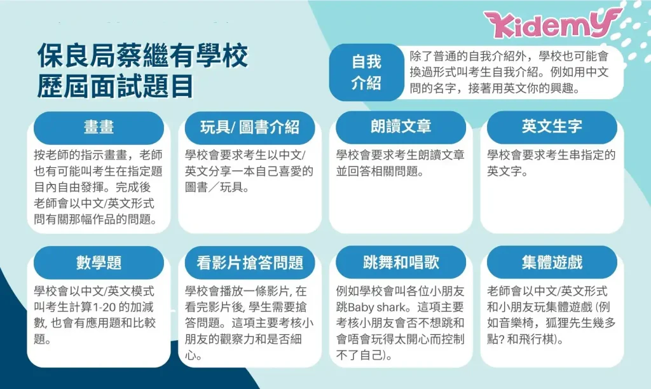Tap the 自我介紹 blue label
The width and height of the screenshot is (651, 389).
[366, 72]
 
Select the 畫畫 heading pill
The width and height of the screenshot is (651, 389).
[99, 128]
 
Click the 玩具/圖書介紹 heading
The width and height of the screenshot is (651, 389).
[250, 128]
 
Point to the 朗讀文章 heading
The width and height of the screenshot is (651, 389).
[401, 128]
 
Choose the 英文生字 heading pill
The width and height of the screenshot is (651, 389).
[552, 128]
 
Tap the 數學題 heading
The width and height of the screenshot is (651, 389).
[99, 263]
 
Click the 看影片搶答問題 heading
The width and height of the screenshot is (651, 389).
[250, 263]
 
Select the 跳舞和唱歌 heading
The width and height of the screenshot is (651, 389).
[401, 263]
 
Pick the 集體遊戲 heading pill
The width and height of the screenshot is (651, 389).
[552, 263]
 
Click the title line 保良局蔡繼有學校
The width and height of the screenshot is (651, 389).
[143, 55]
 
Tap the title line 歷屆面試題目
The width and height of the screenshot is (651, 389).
[116, 86]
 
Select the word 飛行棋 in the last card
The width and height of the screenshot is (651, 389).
[537, 339]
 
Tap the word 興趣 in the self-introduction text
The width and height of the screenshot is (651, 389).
[561, 88]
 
